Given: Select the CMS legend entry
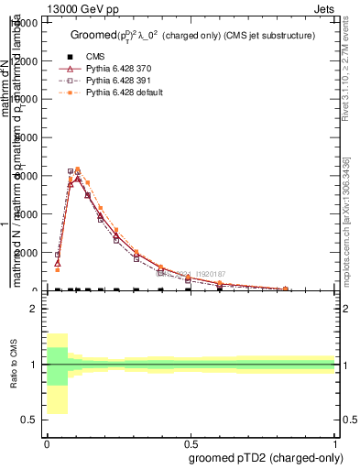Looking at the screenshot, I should click(x=106, y=57).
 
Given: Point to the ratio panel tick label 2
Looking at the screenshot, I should click(x=33, y=309).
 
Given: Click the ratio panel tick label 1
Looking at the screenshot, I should click(x=33, y=365).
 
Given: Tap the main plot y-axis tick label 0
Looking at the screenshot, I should click(x=33, y=290).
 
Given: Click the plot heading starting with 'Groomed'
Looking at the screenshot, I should click(x=193, y=35).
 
